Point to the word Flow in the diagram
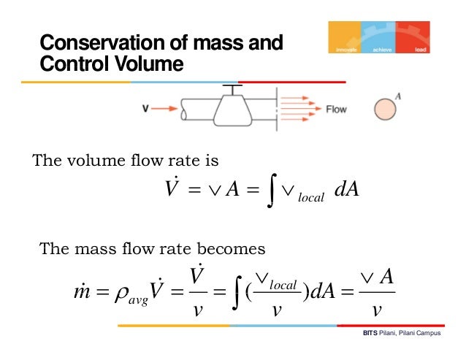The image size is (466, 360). coord(336,110)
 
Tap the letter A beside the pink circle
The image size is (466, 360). coord(399,95)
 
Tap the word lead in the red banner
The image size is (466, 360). coord(420,50)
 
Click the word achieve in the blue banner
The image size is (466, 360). coord(382,50)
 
